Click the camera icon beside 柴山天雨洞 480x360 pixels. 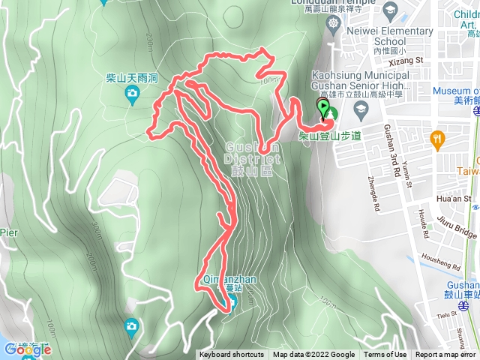click(133, 94)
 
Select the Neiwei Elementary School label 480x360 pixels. click(390, 36)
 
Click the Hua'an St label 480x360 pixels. click(456, 199)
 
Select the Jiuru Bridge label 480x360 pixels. click(457, 223)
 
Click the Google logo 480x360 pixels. click(27, 349)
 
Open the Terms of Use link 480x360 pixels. click(385, 355)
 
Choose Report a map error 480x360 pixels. click(445, 355)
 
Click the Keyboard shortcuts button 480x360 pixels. click(232, 355)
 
